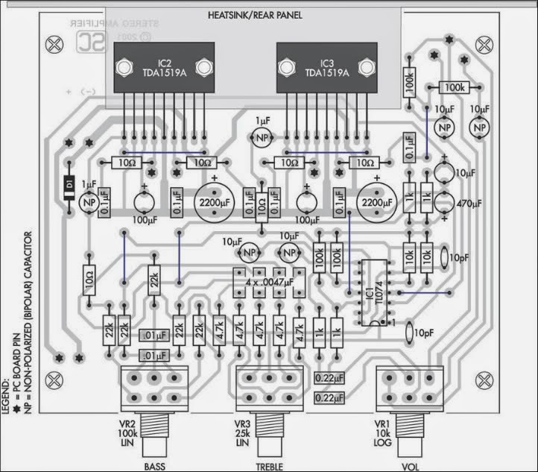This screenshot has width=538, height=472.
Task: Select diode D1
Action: (68, 183)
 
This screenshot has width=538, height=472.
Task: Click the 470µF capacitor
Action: (444, 202)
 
